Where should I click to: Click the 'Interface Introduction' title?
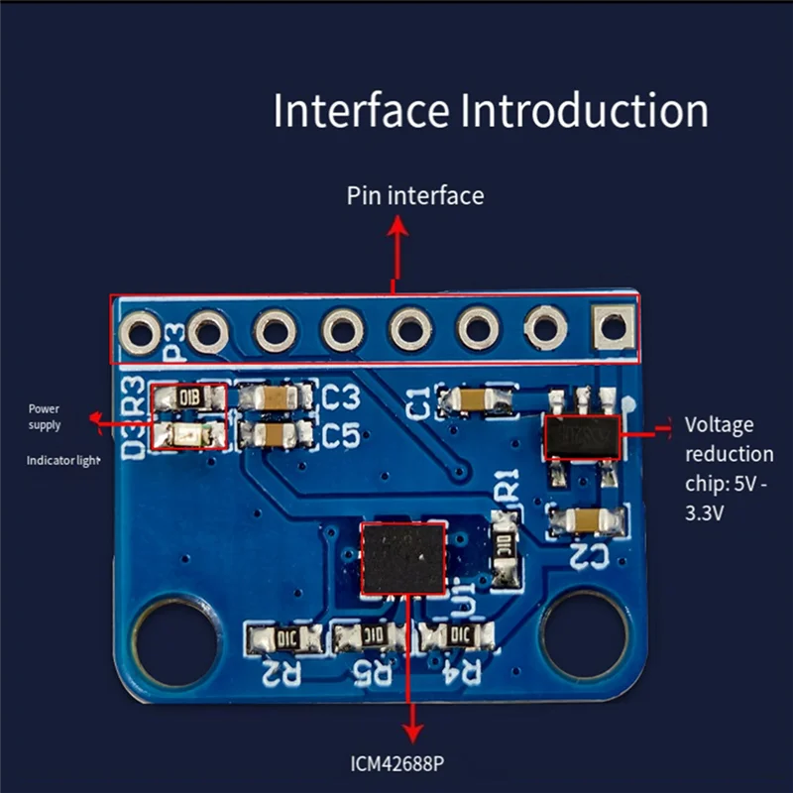click(x=491, y=110)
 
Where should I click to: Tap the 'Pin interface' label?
click(x=415, y=195)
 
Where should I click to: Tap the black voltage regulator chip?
click(x=582, y=436)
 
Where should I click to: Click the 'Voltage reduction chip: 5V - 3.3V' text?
click(x=729, y=469)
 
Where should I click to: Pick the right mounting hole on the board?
click(x=585, y=636)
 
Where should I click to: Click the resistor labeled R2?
click(x=285, y=637)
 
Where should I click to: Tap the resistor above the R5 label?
click(x=372, y=636)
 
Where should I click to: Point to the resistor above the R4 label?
click(x=458, y=636)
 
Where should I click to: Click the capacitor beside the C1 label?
click(x=478, y=400)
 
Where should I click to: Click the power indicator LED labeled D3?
click(x=188, y=434)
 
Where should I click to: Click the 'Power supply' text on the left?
click(x=45, y=416)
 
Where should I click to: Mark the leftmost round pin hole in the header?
click(x=139, y=330)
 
